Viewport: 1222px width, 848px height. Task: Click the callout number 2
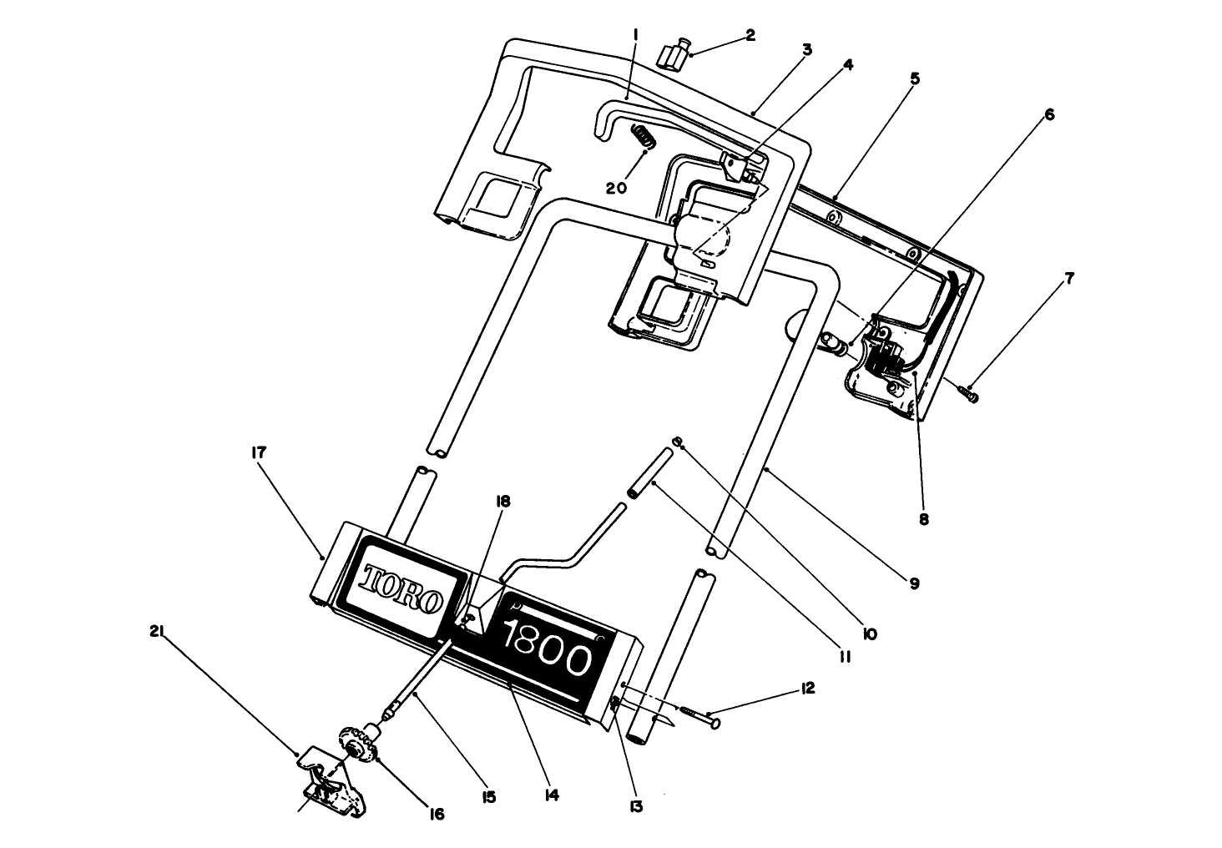point(750,35)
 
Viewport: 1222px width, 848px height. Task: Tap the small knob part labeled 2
point(673,57)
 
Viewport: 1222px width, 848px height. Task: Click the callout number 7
point(1068,278)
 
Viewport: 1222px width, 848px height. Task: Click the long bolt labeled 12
point(701,712)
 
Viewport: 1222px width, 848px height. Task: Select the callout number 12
point(806,689)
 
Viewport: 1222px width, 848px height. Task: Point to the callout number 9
point(914,584)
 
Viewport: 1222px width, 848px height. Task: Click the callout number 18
point(502,502)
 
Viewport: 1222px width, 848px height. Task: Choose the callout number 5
point(915,78)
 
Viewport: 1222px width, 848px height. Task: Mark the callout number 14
point(550,795)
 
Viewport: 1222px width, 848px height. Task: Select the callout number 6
point(1049,114)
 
